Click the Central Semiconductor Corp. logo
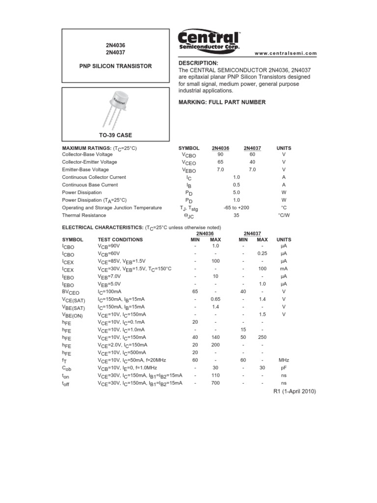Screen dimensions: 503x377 209,40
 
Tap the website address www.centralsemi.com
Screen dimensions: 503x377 286,54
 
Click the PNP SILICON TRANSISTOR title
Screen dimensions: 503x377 116,66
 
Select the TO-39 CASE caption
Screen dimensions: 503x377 116,135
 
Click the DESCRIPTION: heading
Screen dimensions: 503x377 198,63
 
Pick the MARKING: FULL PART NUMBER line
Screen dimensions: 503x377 222,102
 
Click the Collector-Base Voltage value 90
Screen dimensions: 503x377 220,154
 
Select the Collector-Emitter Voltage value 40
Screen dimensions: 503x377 252,162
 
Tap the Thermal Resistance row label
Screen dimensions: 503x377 84,215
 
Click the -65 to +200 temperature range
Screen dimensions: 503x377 236,208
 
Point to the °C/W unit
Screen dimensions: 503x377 284,215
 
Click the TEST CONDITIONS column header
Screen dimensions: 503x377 120,240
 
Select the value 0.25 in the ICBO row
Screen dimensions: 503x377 262,253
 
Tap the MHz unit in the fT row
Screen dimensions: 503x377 284,360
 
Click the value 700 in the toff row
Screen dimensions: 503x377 215,383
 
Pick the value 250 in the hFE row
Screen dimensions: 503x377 262,337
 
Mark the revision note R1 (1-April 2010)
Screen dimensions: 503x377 295,391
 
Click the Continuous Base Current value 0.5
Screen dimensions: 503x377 237,185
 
